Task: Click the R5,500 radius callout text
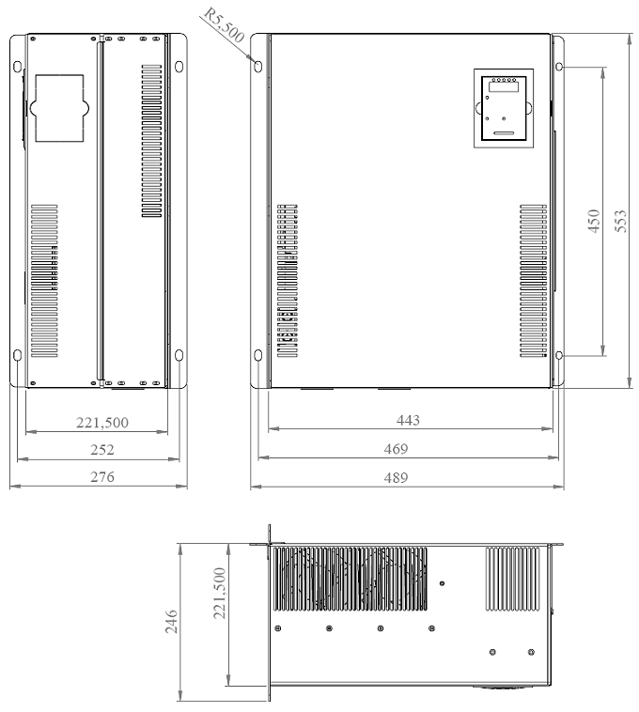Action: pyautogui.click(x=224, y=25)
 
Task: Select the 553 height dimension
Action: pyautogui.click(x=621, y=221)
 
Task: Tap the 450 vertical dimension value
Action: pyautogui.click(x=594, y=221)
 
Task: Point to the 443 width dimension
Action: pyautogui.click(x=408, y=420)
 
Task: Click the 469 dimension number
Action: pyautogui.click(x=396, y=449)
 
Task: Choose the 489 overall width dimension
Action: pyautogui.click(x=396, y=477)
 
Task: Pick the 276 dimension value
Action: pyautogui.click(x=102, y=477)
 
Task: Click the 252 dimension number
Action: pyautogui.click(x=102, y=450)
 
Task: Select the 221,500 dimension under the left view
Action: pyautogui.click(x=102, y=423)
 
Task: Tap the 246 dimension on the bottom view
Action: pyautogui.click(x=171, y=621)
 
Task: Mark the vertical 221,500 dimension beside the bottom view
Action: pyautogui.click(x=219, y=593)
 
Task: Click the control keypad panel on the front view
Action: pyautogui.click(x=503, y=108)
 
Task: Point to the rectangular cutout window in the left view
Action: pyautogui.click(x=59, y=108)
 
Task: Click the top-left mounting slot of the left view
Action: pyautogui.click(x=17, y=67)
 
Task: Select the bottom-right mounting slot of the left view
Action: pyautogui.click(x=179, y=355)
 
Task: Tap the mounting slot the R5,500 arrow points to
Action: pyautogui.click(x=258, y=67)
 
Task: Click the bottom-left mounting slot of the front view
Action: pyautogui.click(x=258, y=355)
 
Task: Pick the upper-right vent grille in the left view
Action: pyautogui.click(x=151, y=141)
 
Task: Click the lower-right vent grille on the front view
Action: pyautogui.click(x=533, y=281)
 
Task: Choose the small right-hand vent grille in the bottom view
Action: pyautogui.click(x=513, y=579)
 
